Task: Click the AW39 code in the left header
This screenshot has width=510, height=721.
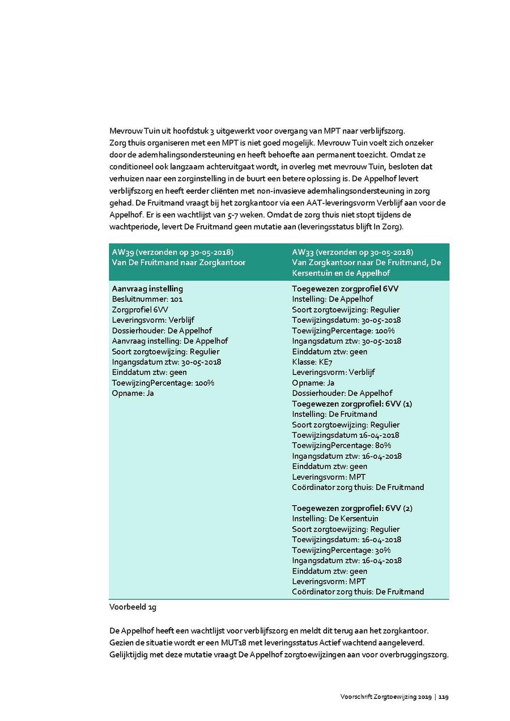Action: click(121, 252)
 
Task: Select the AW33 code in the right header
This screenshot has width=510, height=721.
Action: click(301, 252)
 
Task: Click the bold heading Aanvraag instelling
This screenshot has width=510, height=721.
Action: click(147, 289)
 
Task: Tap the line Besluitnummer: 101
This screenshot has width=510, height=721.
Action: click(147, 299)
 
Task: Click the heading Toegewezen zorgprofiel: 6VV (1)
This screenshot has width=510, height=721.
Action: click(352, 404)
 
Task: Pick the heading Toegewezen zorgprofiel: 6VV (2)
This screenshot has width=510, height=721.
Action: click(352, 508)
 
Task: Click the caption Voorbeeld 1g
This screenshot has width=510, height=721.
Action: click(133, 607)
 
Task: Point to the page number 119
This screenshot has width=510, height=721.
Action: click(444, 697)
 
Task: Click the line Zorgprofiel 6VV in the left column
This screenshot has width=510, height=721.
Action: click(140, 310)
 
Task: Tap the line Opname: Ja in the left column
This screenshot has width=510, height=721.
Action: click(133, 393)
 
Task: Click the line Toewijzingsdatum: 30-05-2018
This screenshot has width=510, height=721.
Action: click(346, 320)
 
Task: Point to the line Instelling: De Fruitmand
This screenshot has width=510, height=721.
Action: click(334, 414)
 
